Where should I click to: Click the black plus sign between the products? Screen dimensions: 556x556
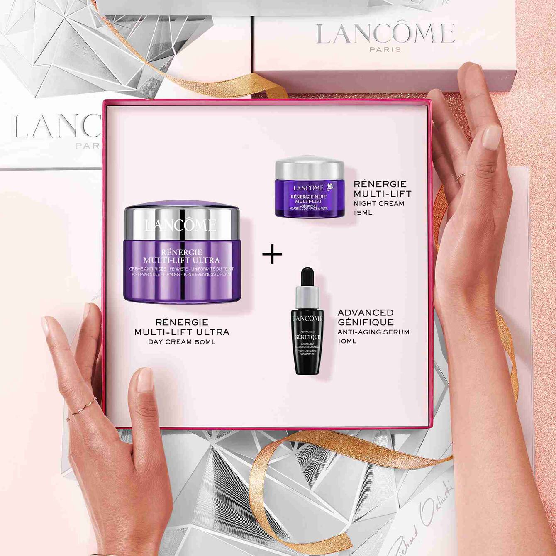point(272,255)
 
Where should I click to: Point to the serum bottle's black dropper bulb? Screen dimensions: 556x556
point(307,276)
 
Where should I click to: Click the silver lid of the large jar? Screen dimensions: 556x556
point(182,224)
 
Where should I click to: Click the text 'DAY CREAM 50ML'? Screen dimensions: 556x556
point(182,342)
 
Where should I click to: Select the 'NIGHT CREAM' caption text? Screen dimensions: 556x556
point(379,204)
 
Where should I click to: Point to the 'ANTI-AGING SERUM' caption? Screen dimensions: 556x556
point(373,332)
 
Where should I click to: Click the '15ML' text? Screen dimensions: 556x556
point(363,213)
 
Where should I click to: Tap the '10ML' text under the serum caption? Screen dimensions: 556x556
point(347,341)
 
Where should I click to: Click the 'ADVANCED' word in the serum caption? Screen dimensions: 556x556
point(366,312)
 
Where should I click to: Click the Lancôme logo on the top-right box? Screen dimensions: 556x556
point(385,34)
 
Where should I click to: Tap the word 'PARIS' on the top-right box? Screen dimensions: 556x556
point(385,50)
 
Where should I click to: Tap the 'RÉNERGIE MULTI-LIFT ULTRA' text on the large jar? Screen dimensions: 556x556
point(182,256)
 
